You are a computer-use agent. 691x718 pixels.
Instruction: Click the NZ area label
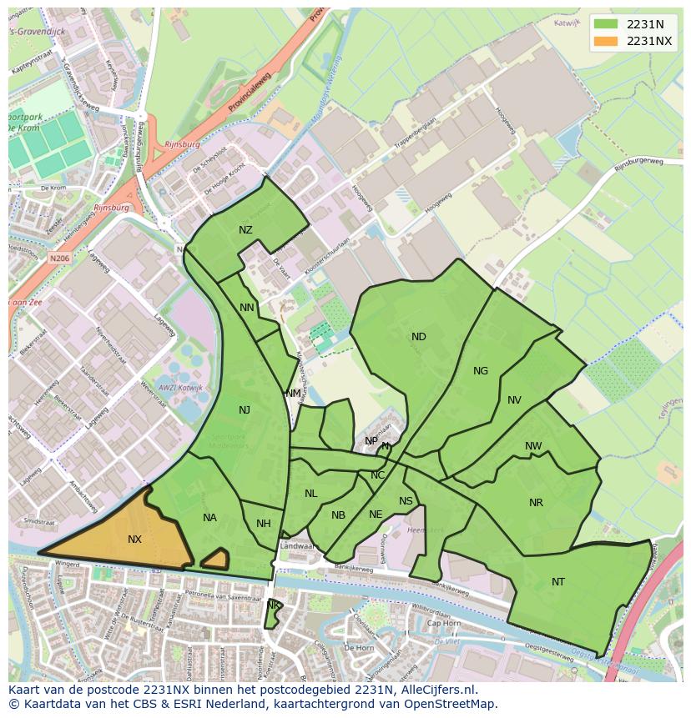click(245, 230)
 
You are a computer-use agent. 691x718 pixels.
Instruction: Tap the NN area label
click(247, 308)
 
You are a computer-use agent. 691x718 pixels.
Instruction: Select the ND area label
click(419, 337)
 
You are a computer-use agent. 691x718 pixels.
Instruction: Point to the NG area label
click(481, 371)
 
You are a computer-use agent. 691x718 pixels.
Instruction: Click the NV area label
click(514, 400)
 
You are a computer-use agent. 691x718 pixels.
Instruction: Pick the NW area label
click(533, 446)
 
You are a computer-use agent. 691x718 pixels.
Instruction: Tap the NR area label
click(536, 503)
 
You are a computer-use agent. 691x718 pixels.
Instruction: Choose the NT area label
click(558, 582)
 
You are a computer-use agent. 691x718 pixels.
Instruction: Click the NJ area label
click(245, 409)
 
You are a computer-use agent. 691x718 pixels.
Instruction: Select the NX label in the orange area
click(134, 540)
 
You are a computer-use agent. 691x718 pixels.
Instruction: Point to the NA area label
click(209, 518)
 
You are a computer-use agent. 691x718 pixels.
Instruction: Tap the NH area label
click(264, 524)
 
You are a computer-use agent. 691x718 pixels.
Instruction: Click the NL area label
click(310, 494)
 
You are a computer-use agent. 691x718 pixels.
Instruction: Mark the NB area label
click(338, 515)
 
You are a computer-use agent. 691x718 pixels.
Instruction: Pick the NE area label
click(376, 515)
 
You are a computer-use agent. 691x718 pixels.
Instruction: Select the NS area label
click(406, 501)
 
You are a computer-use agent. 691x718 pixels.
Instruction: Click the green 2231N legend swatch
click(606, 24)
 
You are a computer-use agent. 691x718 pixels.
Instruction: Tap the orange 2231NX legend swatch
click(606, 41)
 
